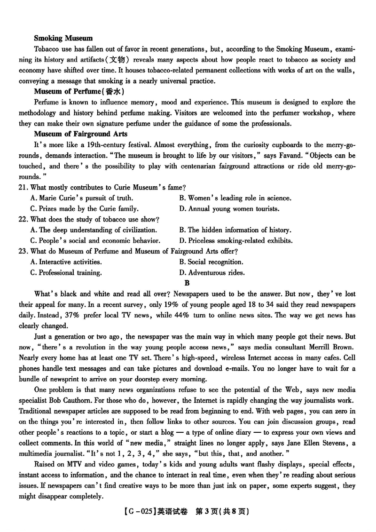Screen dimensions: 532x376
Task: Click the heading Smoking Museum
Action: coord(63,38)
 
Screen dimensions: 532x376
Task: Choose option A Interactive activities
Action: coord(66,262)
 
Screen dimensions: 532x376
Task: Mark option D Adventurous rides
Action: coord(212,272)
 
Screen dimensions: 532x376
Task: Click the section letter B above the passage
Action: coord(187,283)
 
